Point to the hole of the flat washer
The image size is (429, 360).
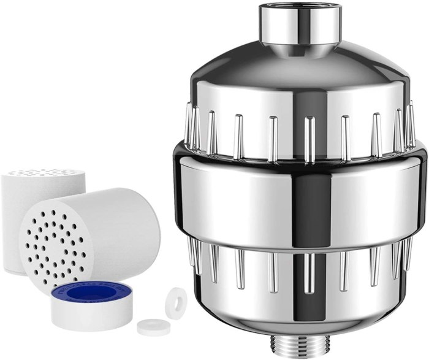click(x=149, y=326)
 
